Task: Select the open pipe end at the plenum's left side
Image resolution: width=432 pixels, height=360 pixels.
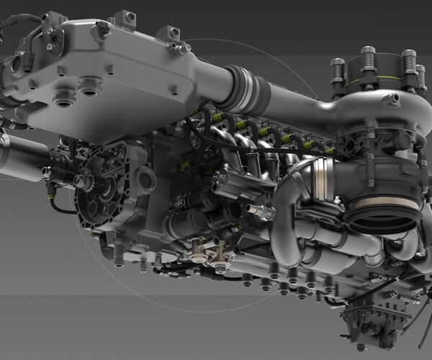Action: tap(15, 65)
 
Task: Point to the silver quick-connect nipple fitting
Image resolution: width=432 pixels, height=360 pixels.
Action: tap(259, 211)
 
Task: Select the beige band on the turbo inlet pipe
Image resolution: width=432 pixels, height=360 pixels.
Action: tap(385, 204)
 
